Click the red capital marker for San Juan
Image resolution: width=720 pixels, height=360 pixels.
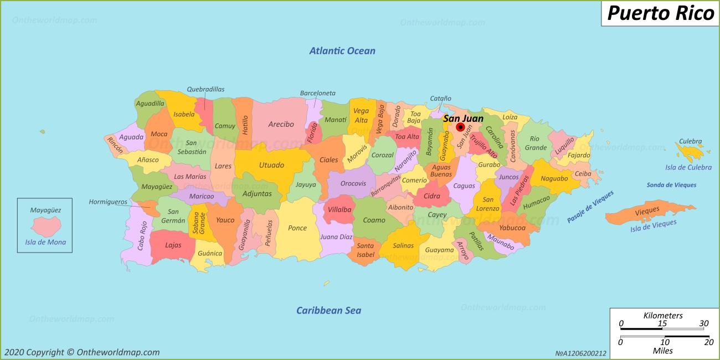coord(460,127)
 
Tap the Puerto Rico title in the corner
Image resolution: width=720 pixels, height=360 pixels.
coord(660,13)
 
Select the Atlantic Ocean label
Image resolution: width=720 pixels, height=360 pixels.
coord(342,51)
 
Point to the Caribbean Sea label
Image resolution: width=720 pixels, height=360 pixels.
coord(328,310)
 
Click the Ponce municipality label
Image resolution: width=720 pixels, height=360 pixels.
coord(297,228)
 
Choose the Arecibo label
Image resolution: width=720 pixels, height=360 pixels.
coord(281,125)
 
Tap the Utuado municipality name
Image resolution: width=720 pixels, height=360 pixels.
coord(271,165)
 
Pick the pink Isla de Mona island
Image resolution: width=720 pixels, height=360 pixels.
coord(45,226)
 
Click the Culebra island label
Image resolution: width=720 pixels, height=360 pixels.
coord(690,142)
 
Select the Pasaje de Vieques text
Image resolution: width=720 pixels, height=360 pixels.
coord(590,207)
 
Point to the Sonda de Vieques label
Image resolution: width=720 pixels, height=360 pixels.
coord(671,185)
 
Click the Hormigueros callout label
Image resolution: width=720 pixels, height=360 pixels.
coord(109,202)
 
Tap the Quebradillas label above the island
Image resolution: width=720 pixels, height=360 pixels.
coord(205,89)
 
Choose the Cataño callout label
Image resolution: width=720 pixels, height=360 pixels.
coord(440,99)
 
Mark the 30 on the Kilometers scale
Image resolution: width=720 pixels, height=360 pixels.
coord(703,324)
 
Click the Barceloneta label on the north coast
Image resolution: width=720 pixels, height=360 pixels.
coord(317,93)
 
